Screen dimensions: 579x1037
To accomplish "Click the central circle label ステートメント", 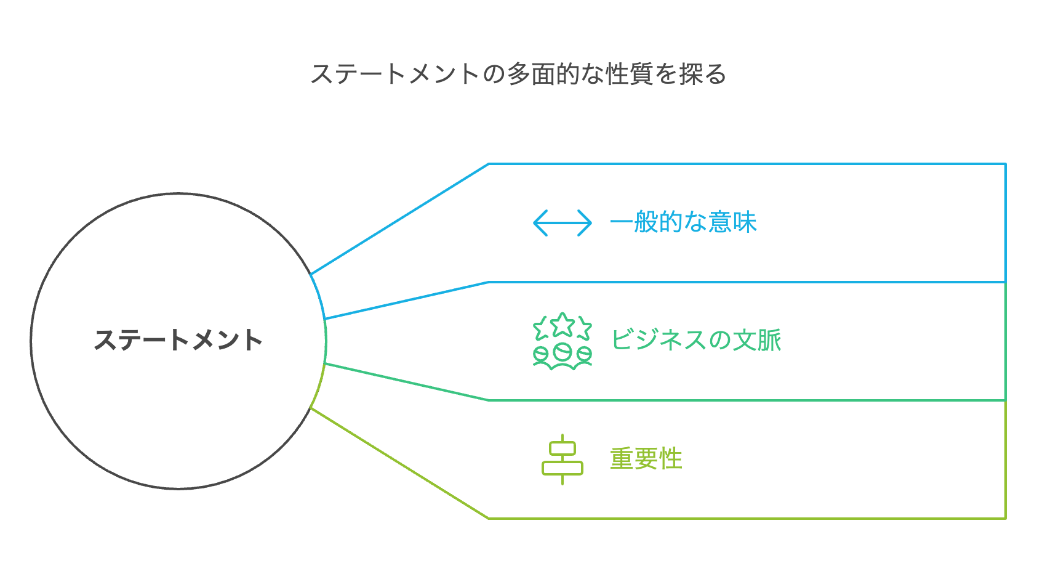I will pyautogui.click(x=178, y=340).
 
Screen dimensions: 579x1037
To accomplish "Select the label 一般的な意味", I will pyautogui.click(x=683, y=222).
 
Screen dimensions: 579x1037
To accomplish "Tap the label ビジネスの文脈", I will pyautogui.click(x=696, y=340).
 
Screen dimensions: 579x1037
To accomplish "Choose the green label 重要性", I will pyautogui.click(x=646, y=459).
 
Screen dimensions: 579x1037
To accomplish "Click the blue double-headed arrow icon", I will pyautogui.click(x=563, y=223).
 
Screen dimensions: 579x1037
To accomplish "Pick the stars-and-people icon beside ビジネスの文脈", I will pyautogui.click(x=563, y=341).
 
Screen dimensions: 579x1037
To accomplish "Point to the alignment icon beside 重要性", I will pyautogui.click(x=563, y=460).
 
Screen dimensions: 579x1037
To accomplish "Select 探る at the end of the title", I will pyautogui.click(x=703, y=75).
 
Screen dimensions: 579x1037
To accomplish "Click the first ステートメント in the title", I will pyautogui.click(x=395, y=75).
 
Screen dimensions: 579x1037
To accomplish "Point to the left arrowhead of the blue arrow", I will pyautogui.click(x=539, y=223).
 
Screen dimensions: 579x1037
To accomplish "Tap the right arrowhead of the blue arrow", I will pyautogui.click(x=587, y=223).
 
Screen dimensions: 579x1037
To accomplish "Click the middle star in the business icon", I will pyautogui.click(x=563, y=325).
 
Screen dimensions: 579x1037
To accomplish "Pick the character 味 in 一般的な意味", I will pyautogui.click(x=745, y=222).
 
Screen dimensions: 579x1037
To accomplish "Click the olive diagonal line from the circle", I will pyautogui.click(x=400, y=464).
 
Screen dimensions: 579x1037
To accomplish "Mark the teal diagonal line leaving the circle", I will pyautogui.click(x=406, y=382).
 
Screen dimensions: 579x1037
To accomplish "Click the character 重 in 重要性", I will pyautogui.click(x=622, y=459).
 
